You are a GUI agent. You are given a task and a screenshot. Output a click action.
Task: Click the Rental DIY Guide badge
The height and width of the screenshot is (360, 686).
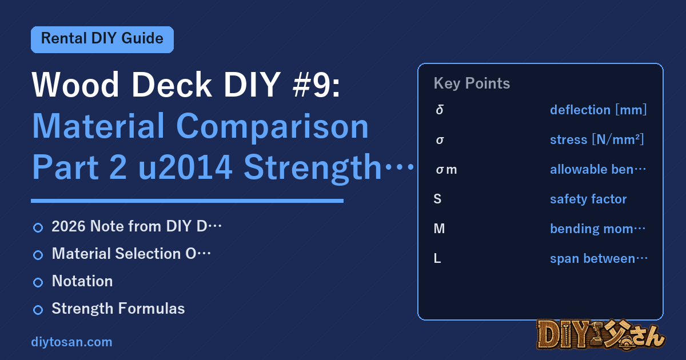click(102, 39)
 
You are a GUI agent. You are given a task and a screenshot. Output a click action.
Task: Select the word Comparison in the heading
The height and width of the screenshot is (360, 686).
click(272, 126)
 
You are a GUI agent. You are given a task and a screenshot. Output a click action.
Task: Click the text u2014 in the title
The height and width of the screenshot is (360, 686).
click(185, 167)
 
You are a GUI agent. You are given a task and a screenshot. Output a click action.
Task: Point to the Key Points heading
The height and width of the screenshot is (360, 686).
click(472, 83)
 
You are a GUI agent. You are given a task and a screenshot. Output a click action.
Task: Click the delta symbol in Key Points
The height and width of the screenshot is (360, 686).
click(440, 110)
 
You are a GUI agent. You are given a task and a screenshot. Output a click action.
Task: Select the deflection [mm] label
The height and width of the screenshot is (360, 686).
click(598, 110)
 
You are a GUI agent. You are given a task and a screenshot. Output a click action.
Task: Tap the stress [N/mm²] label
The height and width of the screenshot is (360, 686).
click(597, 139)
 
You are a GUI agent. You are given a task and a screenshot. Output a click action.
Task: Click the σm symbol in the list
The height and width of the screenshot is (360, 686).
click(446, 169)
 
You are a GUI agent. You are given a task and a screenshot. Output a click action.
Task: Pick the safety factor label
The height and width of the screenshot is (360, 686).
click(588, 199)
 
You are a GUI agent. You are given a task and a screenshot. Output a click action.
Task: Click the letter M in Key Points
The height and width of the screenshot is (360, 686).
click(439, 229)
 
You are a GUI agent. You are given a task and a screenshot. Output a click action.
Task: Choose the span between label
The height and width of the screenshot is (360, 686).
click(599, 258)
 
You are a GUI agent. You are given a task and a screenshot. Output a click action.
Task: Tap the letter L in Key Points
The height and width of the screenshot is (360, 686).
click(437, 258)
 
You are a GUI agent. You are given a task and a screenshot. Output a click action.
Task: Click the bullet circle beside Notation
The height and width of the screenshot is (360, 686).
click(38, 282)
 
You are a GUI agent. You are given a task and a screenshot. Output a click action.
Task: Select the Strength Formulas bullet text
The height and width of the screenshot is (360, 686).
click(118, 309)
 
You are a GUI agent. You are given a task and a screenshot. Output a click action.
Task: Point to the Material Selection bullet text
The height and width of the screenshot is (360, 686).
click(131, 254)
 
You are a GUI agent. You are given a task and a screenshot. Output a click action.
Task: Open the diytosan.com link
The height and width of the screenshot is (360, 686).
click(71, 342)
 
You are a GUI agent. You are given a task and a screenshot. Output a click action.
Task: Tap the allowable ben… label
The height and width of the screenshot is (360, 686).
click(598, 169)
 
